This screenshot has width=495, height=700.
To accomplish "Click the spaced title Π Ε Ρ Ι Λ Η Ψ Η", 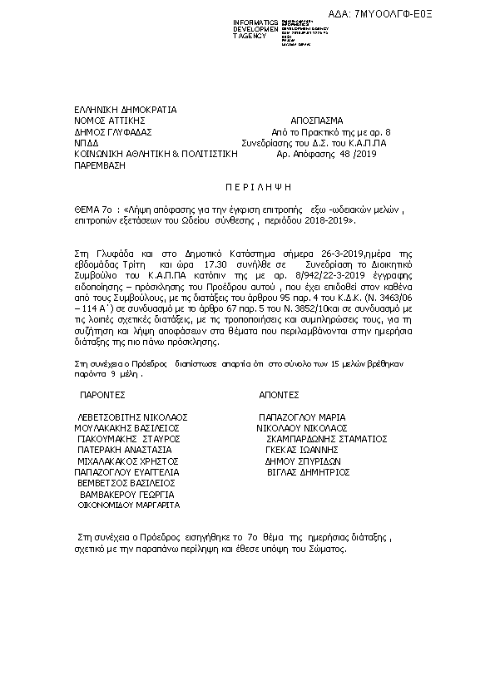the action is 248,189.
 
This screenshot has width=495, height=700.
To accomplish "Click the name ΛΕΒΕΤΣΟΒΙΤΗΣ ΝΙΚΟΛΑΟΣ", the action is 131,417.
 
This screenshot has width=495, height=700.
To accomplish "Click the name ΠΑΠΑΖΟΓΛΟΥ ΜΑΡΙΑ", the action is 302,417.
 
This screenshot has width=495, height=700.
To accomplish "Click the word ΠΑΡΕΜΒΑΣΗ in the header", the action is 99,165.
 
